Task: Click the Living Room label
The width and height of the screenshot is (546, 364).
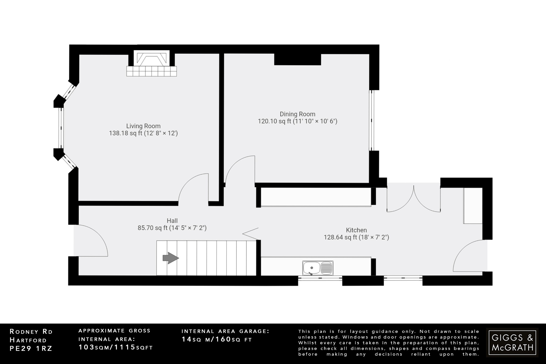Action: [143, 126]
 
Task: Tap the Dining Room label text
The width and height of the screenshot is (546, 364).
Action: [297, 114]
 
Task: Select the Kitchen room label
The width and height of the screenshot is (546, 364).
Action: [356, 230]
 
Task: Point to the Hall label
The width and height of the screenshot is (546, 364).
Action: [172, 221]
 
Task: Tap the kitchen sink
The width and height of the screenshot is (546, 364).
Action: [318, 268]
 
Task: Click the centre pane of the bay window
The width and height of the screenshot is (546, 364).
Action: [61, 128]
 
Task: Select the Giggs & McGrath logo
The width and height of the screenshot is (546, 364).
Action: [512, 342]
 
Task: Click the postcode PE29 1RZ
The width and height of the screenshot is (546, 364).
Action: [31, 349]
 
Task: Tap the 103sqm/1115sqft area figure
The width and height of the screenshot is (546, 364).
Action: [115, 347]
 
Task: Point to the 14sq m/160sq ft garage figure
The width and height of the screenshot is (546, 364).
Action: [216, 339]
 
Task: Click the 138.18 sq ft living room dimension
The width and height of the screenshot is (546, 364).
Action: [143, 133]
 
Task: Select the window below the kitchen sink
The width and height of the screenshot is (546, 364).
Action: [320, 278]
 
